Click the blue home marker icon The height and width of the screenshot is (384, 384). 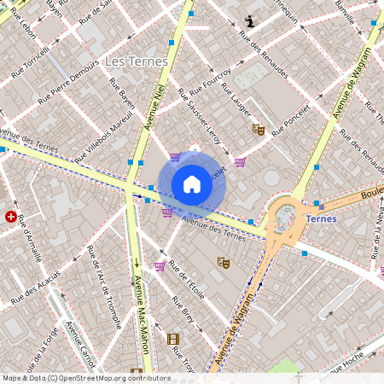(192, 184)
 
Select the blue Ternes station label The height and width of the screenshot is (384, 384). (321, 218)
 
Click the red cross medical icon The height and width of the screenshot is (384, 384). (11, 217)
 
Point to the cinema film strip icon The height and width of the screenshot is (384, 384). (174, 340)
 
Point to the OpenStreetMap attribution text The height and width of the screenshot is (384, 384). (85, 378)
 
